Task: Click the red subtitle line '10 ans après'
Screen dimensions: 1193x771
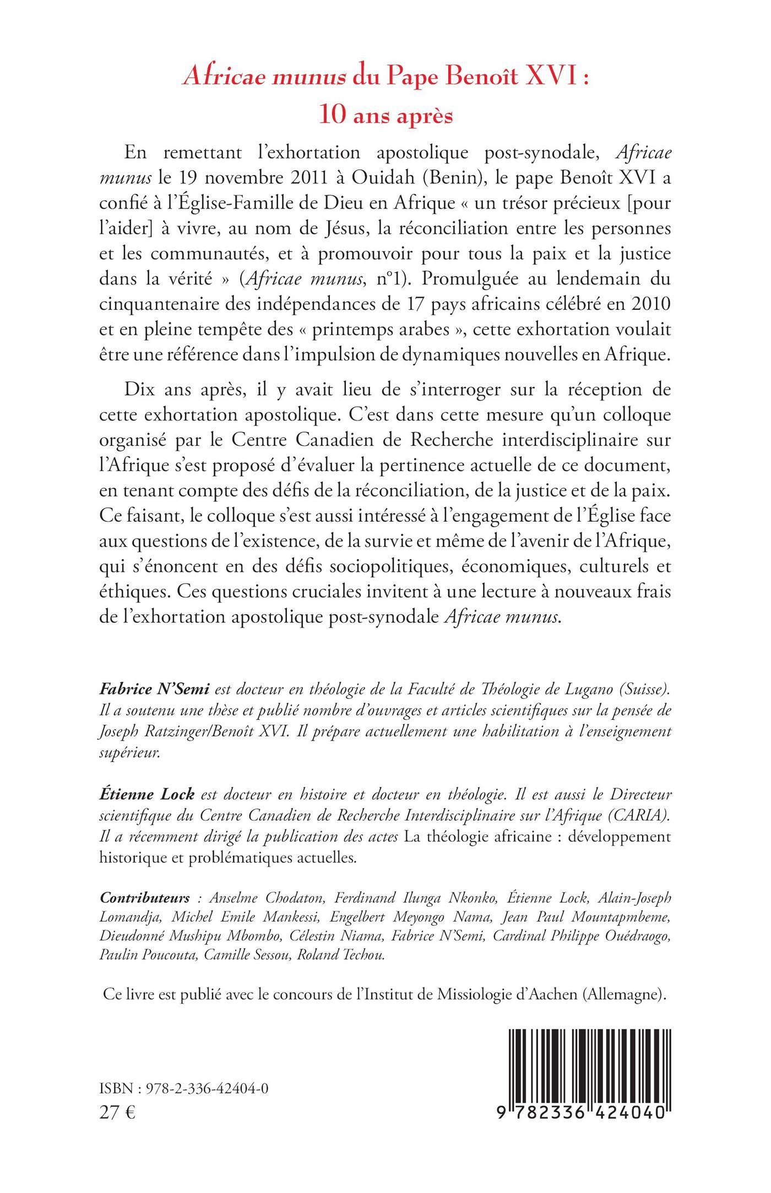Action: point(385,116)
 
